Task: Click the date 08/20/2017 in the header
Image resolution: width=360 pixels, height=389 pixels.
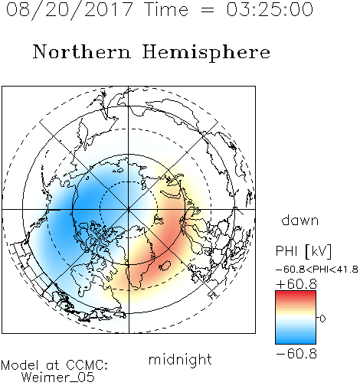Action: [69, 10]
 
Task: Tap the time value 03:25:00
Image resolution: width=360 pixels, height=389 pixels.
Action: [270, 9]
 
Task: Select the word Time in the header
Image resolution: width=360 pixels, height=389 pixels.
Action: [166, 9]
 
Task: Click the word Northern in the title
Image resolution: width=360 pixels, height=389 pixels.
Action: [82, 51]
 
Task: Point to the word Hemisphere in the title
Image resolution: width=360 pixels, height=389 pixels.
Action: [206, 53]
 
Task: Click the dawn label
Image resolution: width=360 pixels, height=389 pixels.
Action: [300, 220]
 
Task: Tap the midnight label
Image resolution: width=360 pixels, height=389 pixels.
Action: [180, 359]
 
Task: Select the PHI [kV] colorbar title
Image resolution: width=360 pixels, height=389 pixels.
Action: [303, 251]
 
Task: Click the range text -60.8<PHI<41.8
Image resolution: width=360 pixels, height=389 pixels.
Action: [317, 270]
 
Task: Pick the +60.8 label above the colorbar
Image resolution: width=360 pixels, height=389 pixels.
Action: [296, 284]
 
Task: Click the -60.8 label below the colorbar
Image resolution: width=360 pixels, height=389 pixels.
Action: [296, 354]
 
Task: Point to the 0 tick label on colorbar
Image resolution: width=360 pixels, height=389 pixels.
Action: [322, 319]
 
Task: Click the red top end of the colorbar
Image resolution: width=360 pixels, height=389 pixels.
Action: [296, 293]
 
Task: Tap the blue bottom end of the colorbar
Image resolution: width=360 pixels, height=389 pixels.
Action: [296, 342]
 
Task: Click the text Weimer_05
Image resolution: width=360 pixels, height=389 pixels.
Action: [58, 378]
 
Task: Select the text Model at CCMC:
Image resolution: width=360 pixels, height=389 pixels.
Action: [54, 365]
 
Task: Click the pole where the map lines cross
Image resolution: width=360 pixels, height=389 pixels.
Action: [129, 209]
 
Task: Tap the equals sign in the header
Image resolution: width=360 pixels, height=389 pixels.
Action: [208, 10]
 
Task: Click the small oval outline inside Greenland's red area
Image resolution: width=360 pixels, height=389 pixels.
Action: [165, 266]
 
